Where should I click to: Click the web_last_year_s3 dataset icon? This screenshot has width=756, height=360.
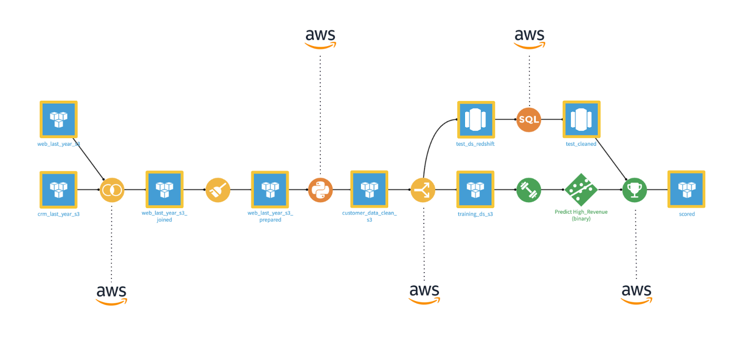click(58, 119)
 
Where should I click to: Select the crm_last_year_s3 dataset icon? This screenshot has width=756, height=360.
click(58, 189)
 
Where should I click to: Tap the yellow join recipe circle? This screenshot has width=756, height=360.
click(112, 190)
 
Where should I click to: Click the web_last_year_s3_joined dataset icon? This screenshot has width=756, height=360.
click(164, 189)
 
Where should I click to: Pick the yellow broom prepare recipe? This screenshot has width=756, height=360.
click(218, 190)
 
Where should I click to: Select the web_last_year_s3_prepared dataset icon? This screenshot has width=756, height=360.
click(270, 189)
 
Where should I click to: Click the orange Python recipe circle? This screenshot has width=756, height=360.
click(320, 190)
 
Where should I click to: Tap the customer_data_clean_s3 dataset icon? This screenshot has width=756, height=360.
click(369, 189)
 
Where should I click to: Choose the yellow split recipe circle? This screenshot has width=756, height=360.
click(423, 190)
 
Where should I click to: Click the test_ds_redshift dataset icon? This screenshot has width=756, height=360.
click(476, 119)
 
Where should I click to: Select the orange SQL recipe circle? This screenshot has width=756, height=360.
click(528, 120)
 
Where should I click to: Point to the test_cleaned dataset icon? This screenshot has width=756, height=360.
click(581, 119)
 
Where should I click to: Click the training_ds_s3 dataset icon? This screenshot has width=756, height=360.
click(475, 189)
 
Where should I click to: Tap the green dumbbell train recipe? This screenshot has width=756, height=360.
click(528, 190)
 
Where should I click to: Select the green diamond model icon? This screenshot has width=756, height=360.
click(581, 190)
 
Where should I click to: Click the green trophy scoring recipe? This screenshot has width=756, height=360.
click(634, 190)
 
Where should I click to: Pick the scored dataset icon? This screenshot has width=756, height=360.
click(686, 189)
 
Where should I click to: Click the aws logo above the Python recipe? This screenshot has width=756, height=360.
click(320, 38)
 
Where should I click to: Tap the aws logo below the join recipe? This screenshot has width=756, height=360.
click(111, 294)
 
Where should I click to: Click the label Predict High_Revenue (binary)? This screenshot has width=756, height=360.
click(581, 215)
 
